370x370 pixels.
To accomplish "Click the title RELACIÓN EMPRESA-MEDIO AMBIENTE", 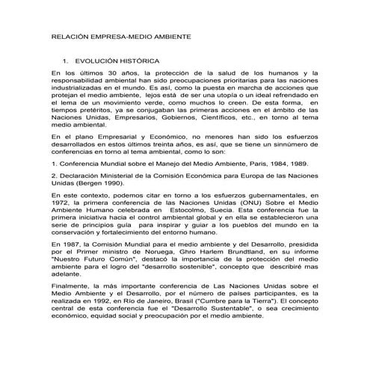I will pos(120,36).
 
